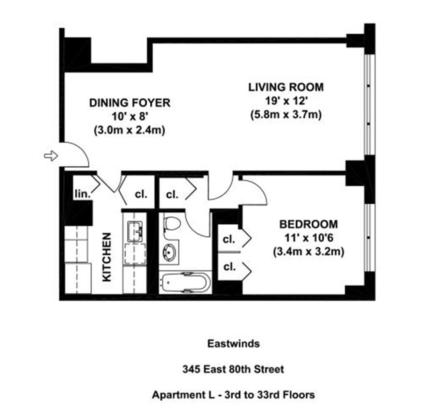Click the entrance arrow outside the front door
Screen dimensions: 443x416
51,156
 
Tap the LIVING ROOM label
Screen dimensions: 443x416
286,87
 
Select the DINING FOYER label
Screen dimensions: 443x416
130,103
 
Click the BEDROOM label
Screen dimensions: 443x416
308,224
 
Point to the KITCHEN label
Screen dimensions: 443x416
106,257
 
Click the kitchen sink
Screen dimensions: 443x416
135,232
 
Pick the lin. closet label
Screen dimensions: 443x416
83,194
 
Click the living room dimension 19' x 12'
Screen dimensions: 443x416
286,101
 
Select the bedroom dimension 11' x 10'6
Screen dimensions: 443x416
309,238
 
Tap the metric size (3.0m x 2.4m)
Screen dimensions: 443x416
129,130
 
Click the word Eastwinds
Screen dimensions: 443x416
234,344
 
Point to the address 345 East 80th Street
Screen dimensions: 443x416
233,369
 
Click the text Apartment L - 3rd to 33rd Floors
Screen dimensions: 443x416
233,394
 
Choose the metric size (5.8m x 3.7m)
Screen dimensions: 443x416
286,115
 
